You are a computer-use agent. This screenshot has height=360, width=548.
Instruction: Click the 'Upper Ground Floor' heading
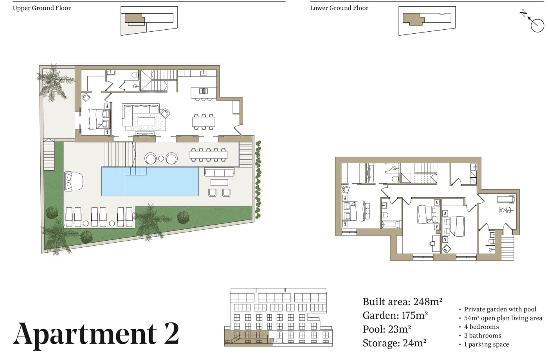(x=41, y=8)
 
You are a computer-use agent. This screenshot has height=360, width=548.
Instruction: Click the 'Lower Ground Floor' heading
(x=339, y=8)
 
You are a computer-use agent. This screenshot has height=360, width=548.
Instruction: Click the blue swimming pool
(x=150, y=182)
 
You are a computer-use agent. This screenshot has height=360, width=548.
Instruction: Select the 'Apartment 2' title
(x=96, y=334)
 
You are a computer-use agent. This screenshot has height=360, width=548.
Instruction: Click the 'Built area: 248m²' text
(x=402, y=302)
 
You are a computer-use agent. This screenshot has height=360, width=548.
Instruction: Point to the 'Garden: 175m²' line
(x=395, y=315)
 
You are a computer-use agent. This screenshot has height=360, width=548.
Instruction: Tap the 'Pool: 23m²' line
(x=387, y=329)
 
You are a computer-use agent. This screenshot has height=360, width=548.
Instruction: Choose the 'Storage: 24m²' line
(x=395, y=343)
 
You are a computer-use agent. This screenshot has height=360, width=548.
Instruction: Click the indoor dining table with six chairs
(x=204, y=122)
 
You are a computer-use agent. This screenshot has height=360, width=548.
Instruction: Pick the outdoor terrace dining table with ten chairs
(x=208, y=155)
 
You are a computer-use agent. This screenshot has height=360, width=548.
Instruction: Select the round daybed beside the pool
(x=74, y=181)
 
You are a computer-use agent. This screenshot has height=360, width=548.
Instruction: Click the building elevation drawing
(x=278, y=317)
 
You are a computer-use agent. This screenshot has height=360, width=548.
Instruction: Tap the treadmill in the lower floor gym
(x=507, y=199)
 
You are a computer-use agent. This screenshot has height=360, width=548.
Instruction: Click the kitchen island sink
(x=204, y=91)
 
